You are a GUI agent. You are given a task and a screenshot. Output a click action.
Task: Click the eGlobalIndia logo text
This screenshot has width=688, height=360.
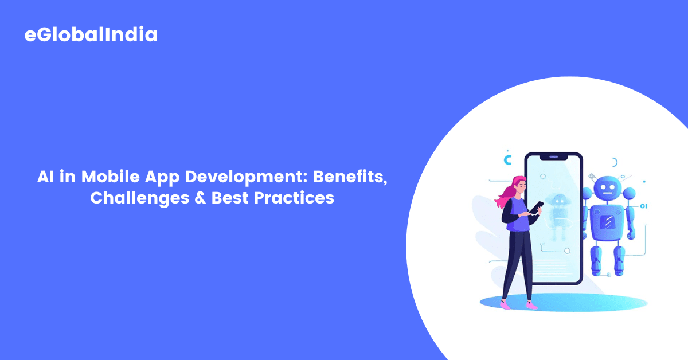coord(91,35)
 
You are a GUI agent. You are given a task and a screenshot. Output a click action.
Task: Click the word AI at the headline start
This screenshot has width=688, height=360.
coord(46,177)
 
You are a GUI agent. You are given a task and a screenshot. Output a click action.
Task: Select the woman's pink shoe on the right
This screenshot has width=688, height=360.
coord(531,306)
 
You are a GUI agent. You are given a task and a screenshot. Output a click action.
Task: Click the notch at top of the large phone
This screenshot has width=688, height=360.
coord(553,156)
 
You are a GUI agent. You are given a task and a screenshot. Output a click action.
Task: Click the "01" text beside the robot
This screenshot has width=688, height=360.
coord(643,205)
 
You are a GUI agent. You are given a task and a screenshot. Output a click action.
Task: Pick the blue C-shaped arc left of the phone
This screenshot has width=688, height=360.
coord(507,159)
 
